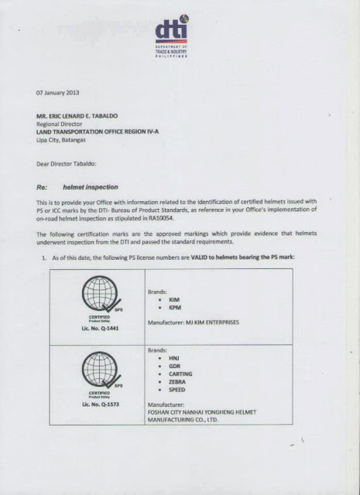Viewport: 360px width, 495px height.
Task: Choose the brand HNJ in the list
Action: click(x=173, y=359)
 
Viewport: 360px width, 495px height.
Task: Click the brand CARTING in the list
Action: click(x=180, y=374)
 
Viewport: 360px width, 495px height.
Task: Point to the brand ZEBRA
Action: click(x=176, y=382)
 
